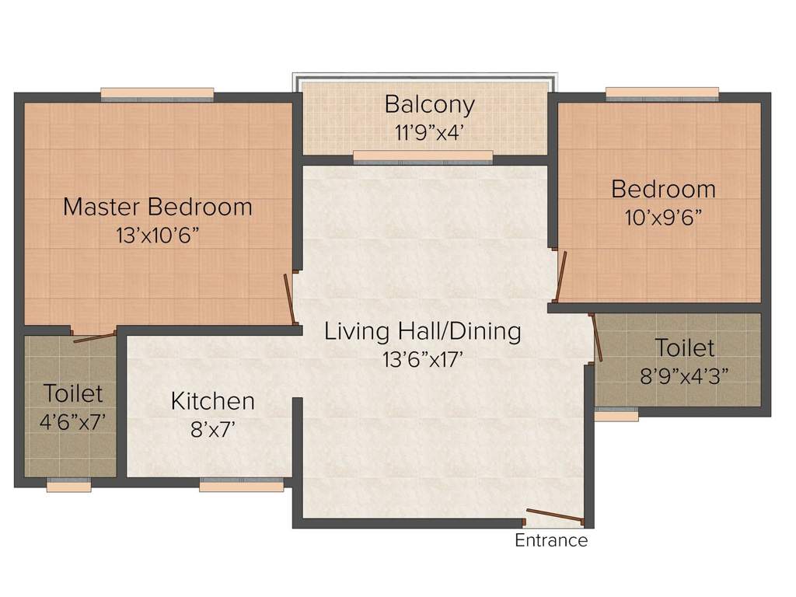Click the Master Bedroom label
click(x=158, y=208)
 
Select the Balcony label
click(x=429, y=103)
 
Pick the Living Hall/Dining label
click(x=422, y=331)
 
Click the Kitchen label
click(x=212, y=401)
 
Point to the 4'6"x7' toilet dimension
click(x=72, y=422)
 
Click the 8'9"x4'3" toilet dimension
click(x=684, y=375)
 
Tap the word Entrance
click(x=551, y=541)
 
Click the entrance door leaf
click(x=554, y=515)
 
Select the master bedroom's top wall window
click(x=157, y=94)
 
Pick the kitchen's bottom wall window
click(x=241, y=485)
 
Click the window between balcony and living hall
click(x=423, y=157)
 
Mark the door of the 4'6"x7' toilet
click(x=94, y=337)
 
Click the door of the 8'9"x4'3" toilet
click(x=596, y=337)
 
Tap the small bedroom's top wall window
click(x=662, y=94)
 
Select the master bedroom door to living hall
click(x=290, y=298)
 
